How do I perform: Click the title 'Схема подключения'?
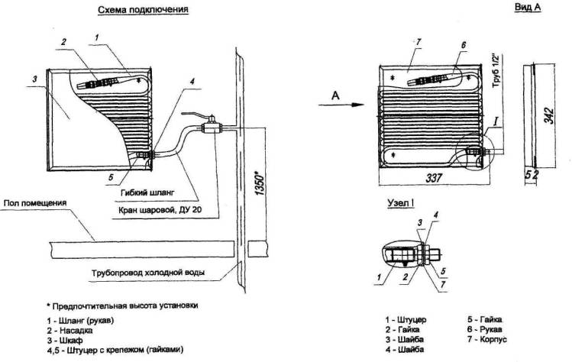click(x=143, y=10)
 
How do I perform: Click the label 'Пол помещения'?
click(x=34, y=203)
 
